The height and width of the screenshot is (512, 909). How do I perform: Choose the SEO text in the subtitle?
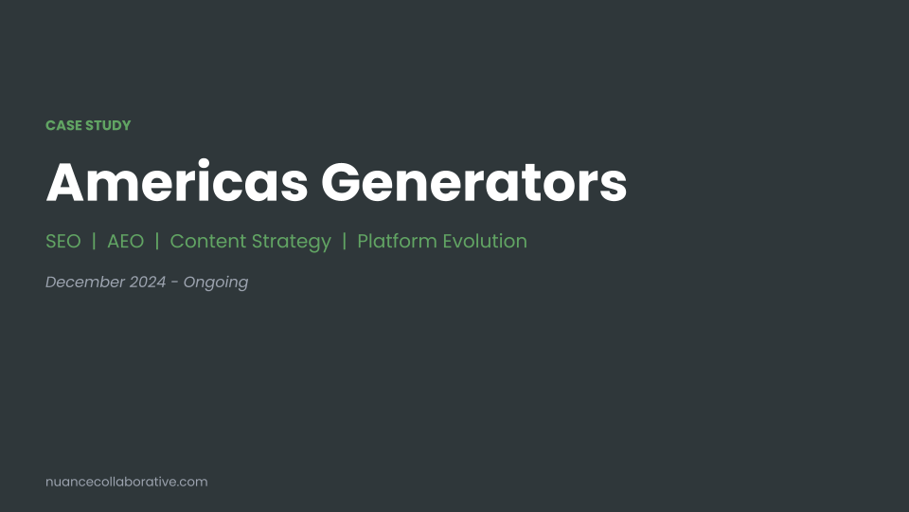63,241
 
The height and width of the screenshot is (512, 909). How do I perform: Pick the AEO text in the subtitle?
126,241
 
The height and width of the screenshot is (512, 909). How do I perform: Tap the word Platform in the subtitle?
395,241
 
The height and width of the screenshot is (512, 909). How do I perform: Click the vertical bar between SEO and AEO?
95,241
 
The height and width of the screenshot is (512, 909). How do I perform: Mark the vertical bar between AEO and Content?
157,241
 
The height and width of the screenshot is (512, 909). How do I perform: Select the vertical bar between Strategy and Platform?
345,241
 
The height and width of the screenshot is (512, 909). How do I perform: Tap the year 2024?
149,282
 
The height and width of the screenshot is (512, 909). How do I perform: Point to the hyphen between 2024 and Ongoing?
176,283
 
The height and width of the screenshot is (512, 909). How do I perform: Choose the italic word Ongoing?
216,283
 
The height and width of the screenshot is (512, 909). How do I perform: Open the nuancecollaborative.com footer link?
127,482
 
